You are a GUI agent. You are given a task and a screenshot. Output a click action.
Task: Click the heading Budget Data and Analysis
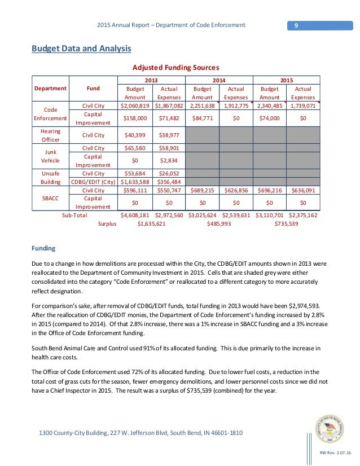pos(81,49)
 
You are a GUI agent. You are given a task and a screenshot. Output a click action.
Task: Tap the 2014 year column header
pos(219,81)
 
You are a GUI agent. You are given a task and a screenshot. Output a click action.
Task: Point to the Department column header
pos(50,89)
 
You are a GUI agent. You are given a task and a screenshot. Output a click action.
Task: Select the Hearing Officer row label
pos(50,135)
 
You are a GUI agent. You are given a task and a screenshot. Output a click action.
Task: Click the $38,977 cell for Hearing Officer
pos(169,135)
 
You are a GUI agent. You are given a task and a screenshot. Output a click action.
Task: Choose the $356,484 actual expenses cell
pos(169,182)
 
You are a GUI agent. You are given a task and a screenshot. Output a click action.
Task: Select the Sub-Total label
pos(78,215)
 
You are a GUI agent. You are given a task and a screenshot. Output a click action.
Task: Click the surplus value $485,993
pos(219,224)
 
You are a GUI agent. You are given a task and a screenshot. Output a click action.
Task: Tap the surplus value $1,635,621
pos(152,224)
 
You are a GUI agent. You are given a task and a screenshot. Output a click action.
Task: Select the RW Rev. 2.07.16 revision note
pos(335,454)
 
